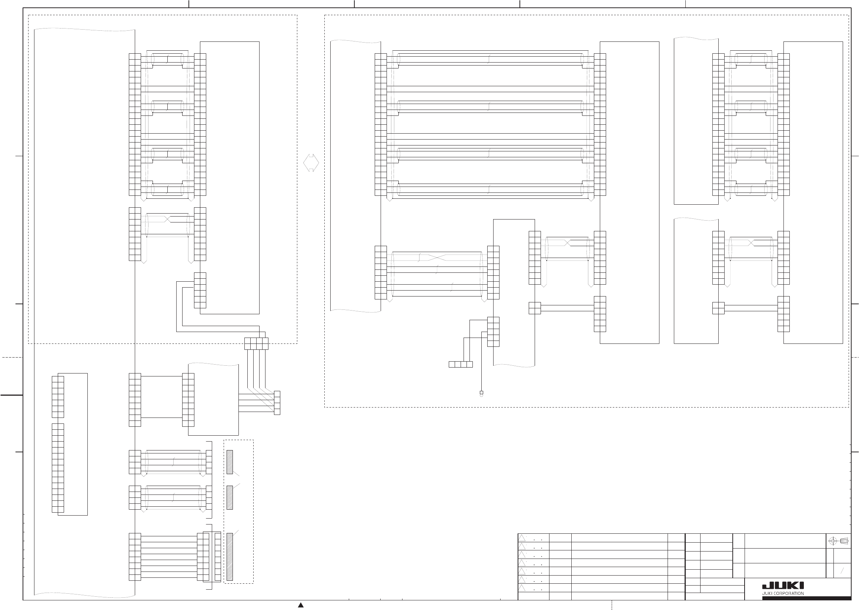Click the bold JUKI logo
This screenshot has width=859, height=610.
(x=783, y=586)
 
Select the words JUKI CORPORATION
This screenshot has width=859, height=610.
(x=783, y=593)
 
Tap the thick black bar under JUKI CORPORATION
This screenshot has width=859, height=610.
(x=806, y=598)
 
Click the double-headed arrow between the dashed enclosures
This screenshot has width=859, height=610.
(x=311, y=162)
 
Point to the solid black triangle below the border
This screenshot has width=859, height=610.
(x=301, y=605)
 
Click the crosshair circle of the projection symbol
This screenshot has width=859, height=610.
(x=832, y=541)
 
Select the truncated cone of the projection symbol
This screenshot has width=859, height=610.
(x=844, y=541)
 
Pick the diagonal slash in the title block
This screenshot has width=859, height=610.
(x=842, y=571)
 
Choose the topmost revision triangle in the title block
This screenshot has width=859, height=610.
(x=522, y=538)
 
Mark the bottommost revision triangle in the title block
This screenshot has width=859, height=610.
(x=522, y=588)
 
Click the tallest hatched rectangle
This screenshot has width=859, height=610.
(x=230, y=557)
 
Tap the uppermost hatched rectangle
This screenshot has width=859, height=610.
(x=230, y=462)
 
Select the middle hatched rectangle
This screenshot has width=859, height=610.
(x=230, y=498)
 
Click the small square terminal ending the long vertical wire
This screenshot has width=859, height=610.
(x=481, y=392)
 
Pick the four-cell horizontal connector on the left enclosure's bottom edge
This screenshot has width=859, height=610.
(x=256, y=344)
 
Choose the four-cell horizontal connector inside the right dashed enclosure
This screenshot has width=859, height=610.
(x=461, y=364)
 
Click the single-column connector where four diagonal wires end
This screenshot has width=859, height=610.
(x=277, y=403)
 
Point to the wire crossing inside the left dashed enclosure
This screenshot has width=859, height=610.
(x=168, y=219)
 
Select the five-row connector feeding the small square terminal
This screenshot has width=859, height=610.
(x=493, y=332)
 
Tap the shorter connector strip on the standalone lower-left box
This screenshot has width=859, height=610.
(x=58, y=397)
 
